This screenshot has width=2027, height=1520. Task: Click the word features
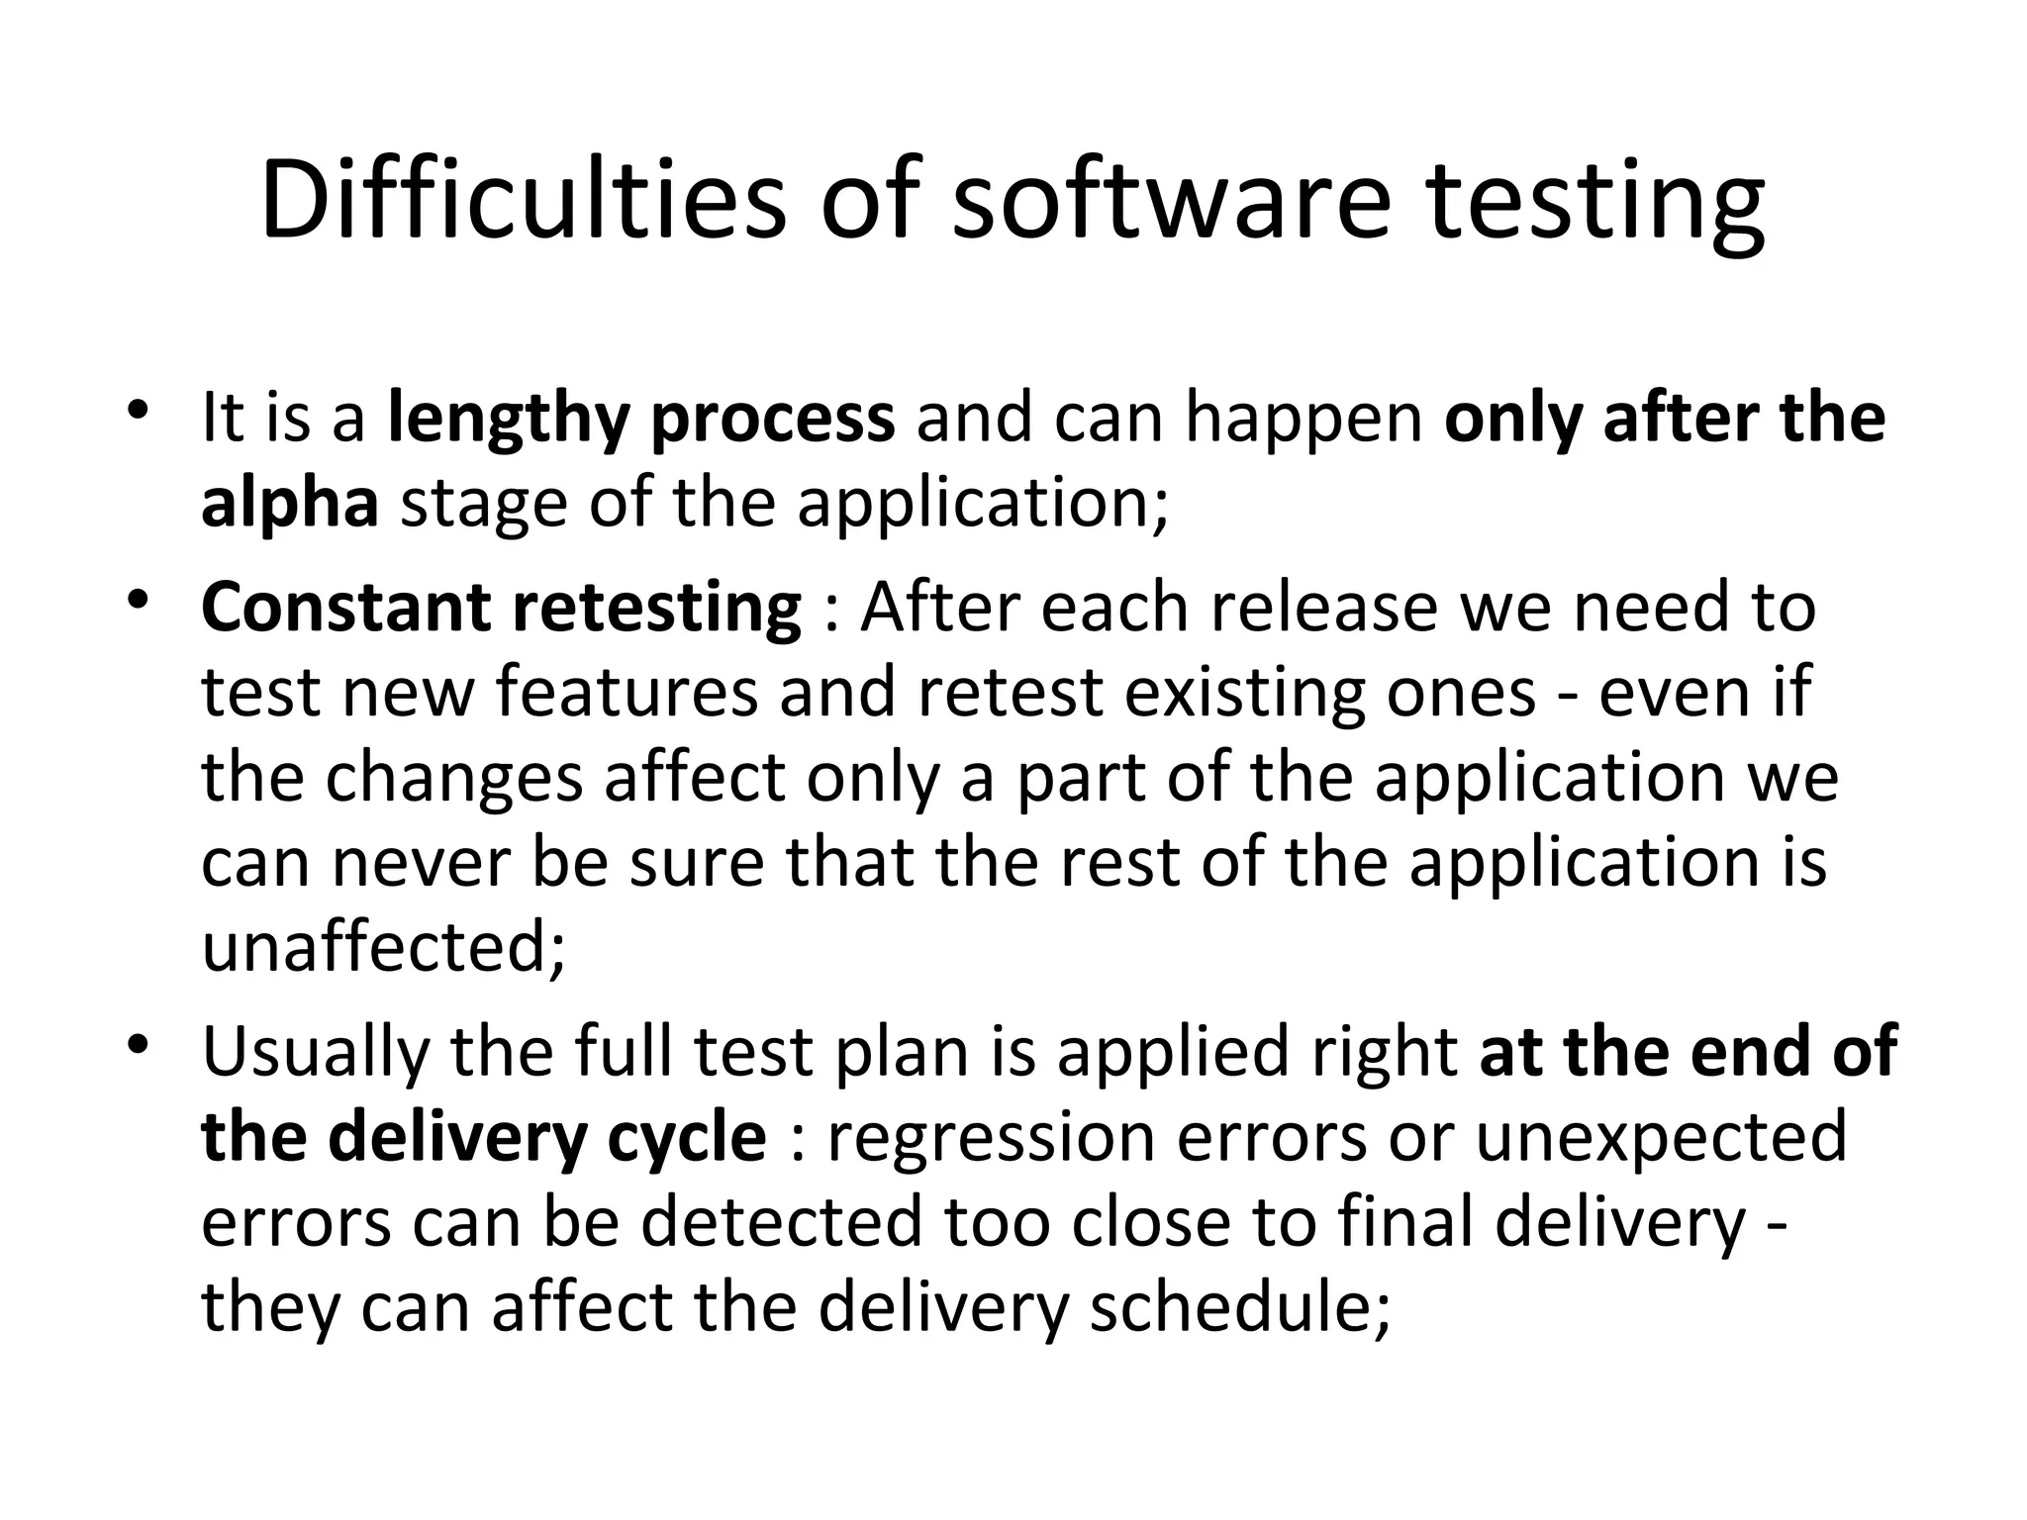coord(627,692)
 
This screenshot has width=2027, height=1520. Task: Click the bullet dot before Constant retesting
coord(138,601)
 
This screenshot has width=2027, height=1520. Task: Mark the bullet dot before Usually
coord(138,1045)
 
